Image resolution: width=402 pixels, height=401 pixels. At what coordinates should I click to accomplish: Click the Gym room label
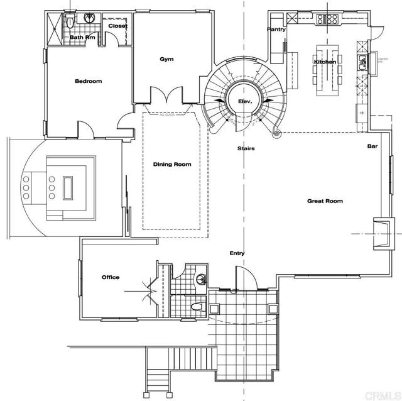(166, 59)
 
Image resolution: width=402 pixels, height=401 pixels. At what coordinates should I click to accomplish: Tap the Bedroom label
(88, 81)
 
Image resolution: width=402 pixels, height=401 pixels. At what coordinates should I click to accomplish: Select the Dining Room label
(172, 165)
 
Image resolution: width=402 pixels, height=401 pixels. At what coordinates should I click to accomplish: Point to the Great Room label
(325, 201)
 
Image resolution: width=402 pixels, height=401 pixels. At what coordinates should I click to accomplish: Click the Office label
(111, 277)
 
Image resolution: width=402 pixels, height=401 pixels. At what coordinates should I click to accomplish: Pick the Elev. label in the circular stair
(244, 101)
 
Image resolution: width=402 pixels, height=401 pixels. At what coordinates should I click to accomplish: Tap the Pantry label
(276, 30)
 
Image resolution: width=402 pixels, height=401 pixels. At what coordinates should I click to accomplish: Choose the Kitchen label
(325, 62)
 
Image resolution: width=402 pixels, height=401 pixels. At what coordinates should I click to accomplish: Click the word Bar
(371, 146)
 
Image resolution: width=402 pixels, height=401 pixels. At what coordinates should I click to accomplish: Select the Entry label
(237, 253)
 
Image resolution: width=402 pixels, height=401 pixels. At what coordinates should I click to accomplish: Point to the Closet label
(117, 26)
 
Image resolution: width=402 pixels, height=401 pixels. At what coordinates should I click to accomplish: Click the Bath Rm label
(82, 37)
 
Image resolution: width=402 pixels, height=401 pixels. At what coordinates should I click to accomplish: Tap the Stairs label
(245, 148)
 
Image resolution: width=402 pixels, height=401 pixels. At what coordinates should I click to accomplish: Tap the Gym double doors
(166, 96)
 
